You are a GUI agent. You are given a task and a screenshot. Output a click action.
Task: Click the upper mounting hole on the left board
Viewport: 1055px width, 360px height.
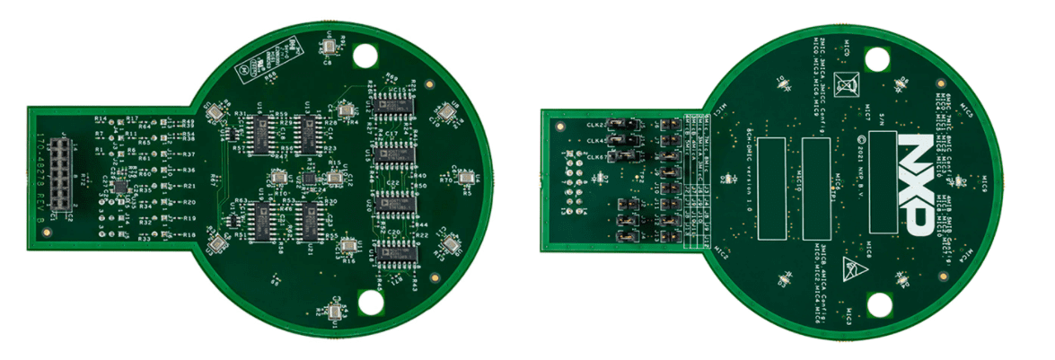pyautogui.click(x=366, y=56)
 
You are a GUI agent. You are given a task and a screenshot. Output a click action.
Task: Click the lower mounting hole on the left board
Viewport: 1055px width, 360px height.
pyautogui.click(x=370, y=303)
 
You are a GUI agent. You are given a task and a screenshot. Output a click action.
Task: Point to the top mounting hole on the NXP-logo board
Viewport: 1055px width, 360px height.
pyautogui.click(x=877, y=59)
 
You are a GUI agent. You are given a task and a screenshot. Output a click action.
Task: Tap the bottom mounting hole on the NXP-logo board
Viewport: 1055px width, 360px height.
pyautogui.click(x=877, y=304)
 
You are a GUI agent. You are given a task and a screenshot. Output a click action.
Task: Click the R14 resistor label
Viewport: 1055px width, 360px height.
pyautogui.click(x=101, y=119)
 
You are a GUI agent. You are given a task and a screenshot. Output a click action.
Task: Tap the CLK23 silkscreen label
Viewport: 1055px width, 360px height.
pyautogui.click(x=594, y=125)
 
